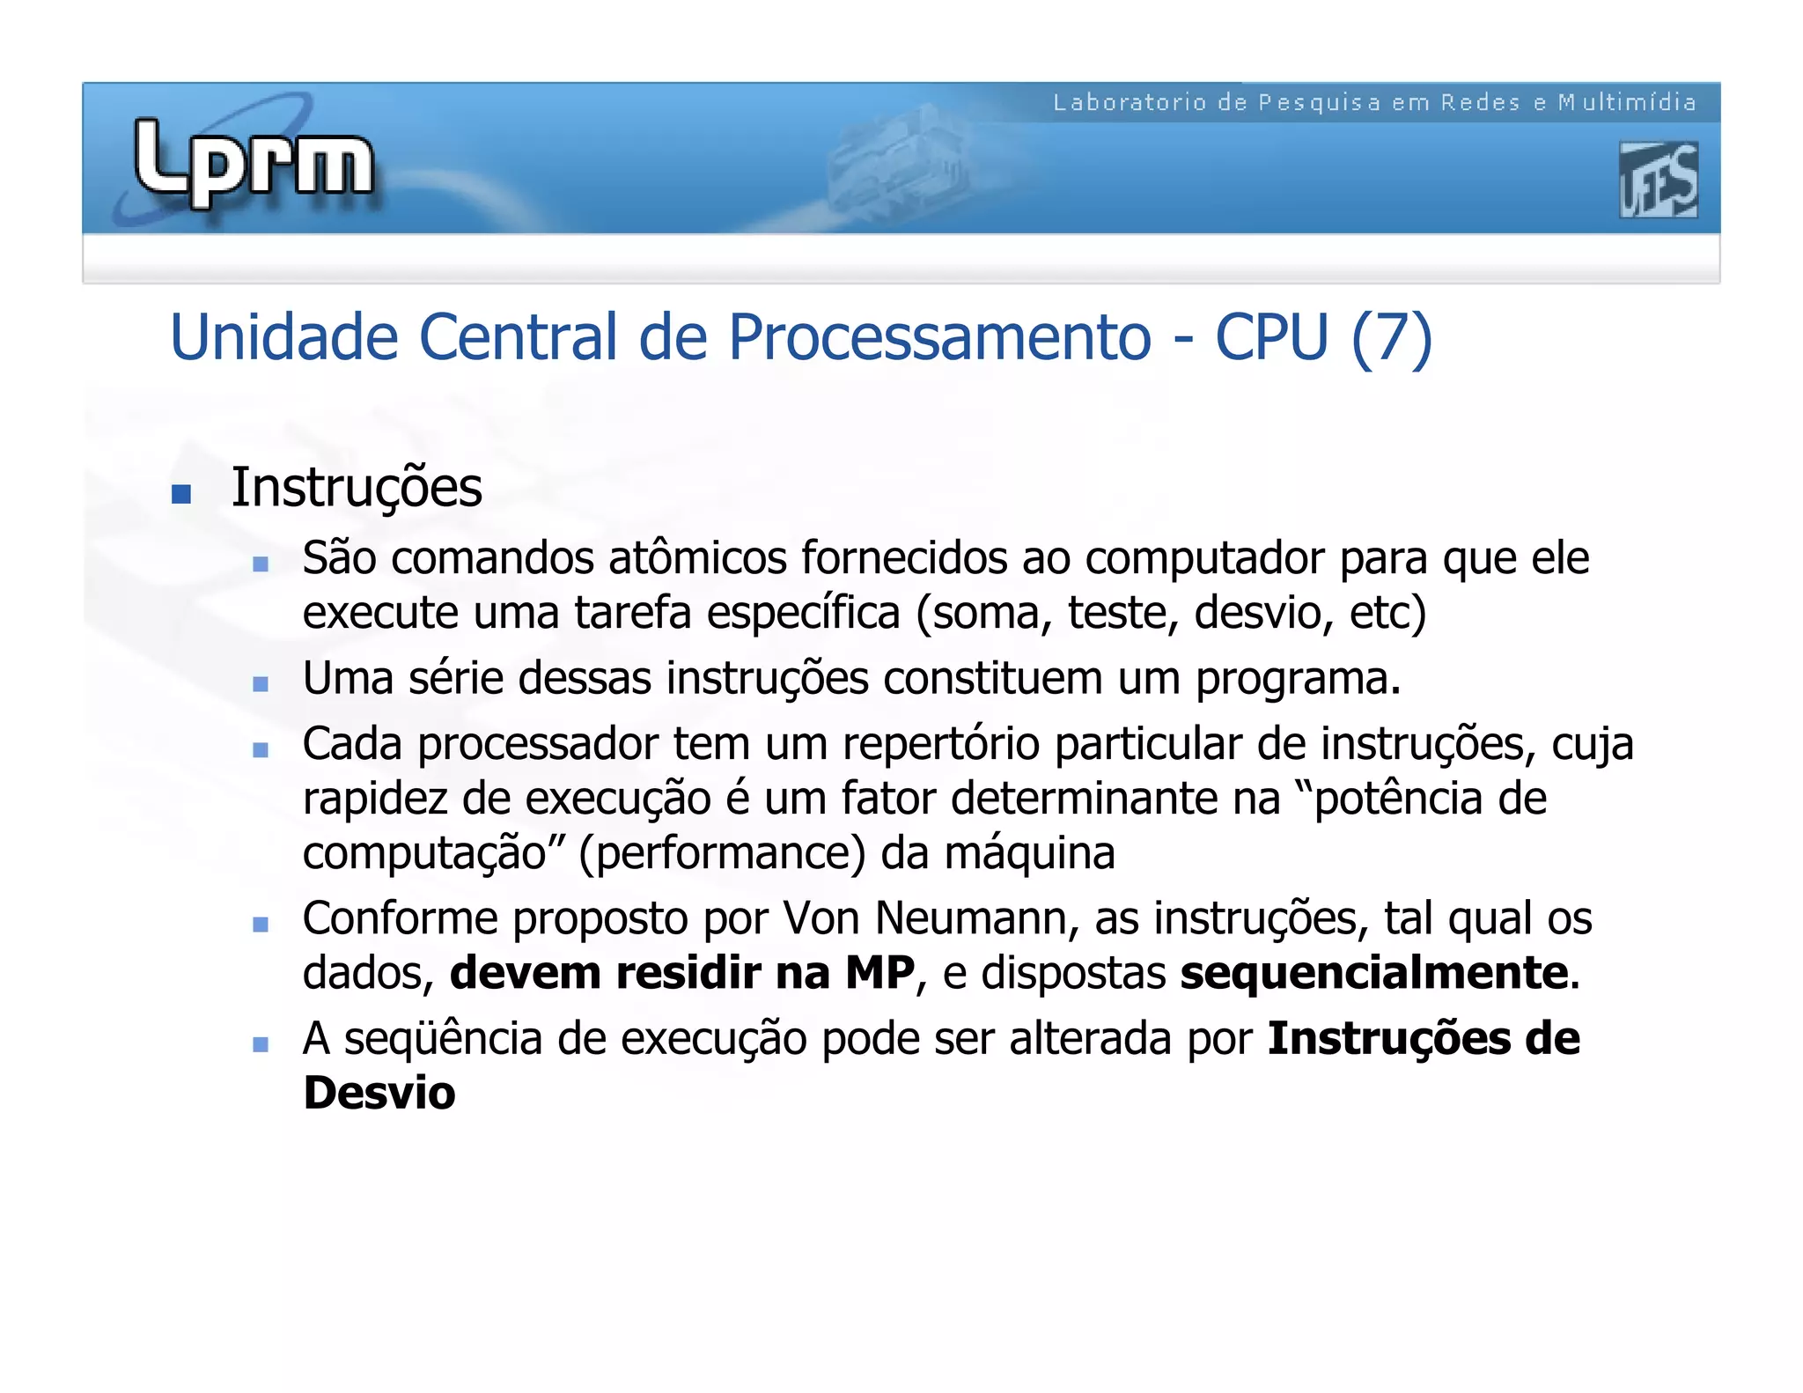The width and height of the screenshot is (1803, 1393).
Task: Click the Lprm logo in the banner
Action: (254, 164)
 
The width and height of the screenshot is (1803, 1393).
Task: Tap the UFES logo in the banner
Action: (1658, 181)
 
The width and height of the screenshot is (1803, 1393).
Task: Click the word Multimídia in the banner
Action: (1627, 103)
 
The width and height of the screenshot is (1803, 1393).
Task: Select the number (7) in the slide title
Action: (1392, 339)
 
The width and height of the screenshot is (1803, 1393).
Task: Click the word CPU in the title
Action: (1271, 337)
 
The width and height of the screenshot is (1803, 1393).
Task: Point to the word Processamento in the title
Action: (939, 339)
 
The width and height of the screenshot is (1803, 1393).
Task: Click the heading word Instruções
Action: (357, 489)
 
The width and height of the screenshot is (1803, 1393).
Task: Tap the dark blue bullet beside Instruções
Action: (181, 494)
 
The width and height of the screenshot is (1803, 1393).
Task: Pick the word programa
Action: (1297, 680)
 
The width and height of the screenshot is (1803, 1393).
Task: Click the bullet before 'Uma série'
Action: (260, 684)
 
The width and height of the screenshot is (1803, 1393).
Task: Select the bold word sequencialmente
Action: (1374, 973)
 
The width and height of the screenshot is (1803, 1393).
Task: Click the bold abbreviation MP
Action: (879, 973)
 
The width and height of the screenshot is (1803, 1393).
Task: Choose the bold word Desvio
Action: (379, 1094)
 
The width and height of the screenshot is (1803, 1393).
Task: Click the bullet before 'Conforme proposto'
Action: (260, 925)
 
